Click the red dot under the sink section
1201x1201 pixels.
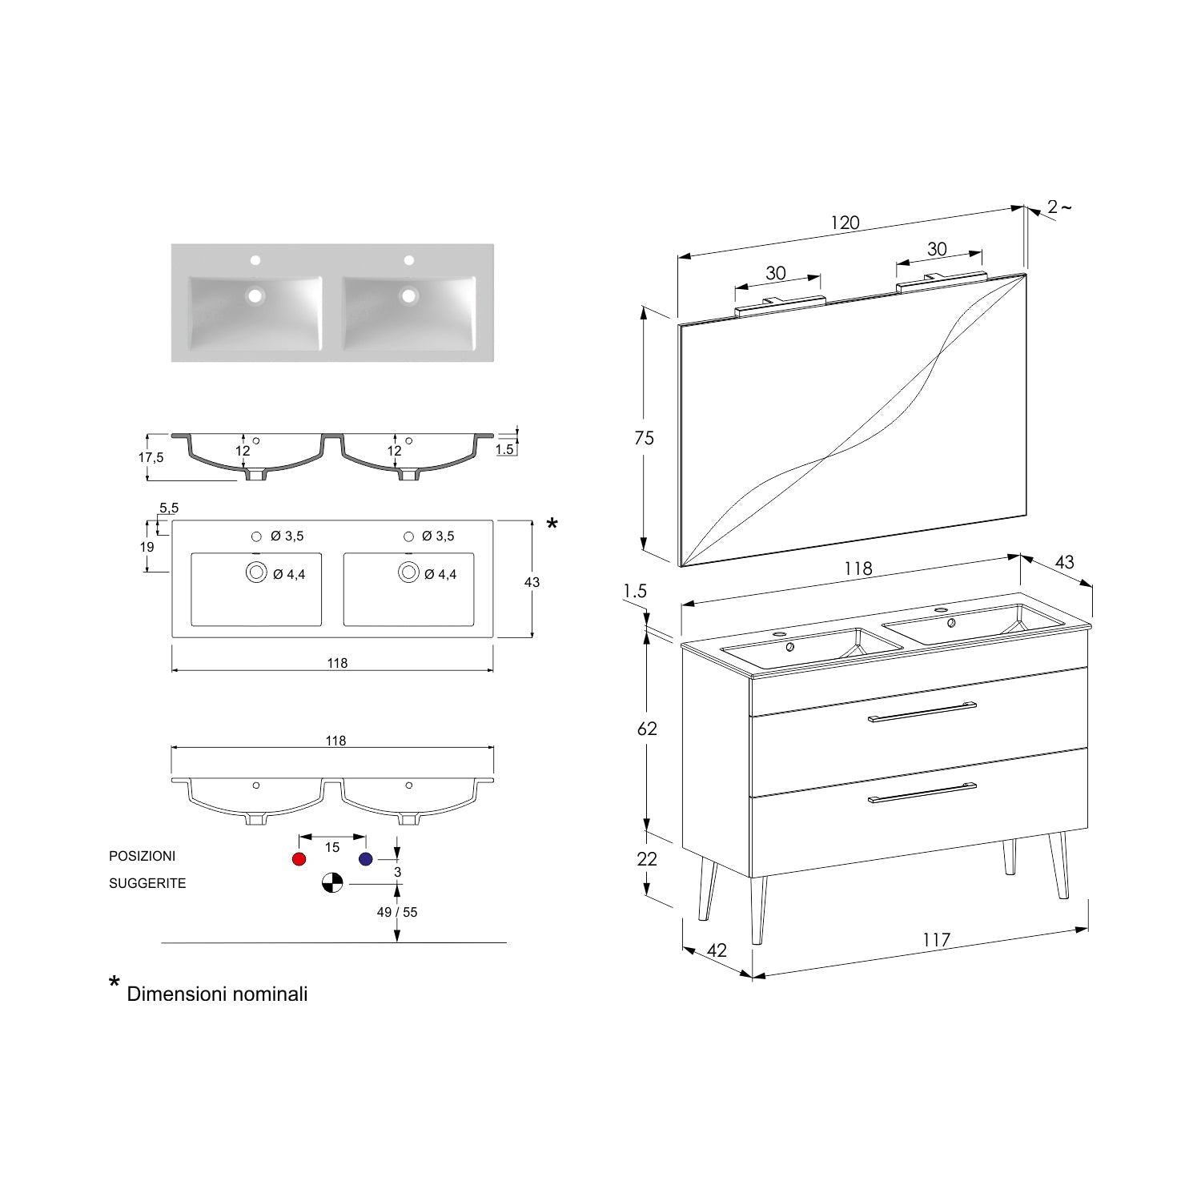click(x=299, y=859)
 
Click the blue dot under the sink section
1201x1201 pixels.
click(x=366, y=859)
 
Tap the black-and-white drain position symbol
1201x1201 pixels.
click(x=332, y=883)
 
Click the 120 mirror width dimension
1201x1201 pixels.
click(x=845, y=223)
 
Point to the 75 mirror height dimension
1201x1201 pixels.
click(x=644, y=438)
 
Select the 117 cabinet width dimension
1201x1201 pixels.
click(x=936, y=940)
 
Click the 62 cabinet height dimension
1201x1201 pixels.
click(x=647, y=729)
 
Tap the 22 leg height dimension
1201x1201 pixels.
click(x=647, y=859)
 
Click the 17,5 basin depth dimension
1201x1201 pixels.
click(x=151, y=458)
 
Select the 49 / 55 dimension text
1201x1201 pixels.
click(x=398, y=912)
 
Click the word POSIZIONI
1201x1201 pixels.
click(x=142, y=856)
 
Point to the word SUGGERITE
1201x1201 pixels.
click(x=147, y=883)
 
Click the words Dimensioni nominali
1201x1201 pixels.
click(x=217, y=994)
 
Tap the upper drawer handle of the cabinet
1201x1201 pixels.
click(x=922, y=712)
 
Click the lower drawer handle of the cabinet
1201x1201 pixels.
click(x=922, y=792)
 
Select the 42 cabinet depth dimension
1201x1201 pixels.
click(x=717, y=950)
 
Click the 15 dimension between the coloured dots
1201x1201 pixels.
click(x=332, y=847)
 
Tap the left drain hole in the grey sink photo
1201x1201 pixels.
click(x=255, y=295)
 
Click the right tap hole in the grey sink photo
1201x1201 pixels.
click(x=408, y=260)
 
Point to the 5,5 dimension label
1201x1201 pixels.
click(x=169, y=508)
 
